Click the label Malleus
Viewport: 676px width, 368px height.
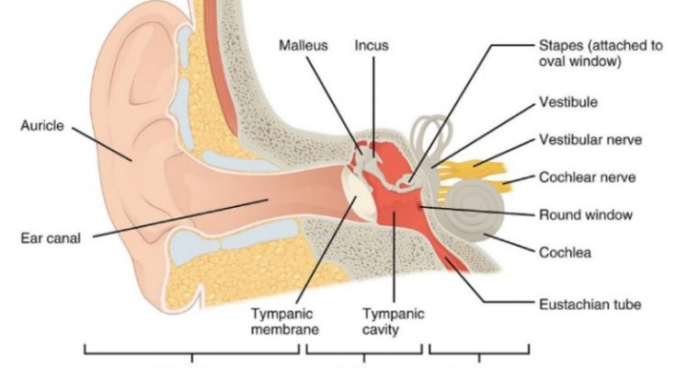pyautogui.click(x=304, y=45)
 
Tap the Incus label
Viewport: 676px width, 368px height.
pyautogui.click(x=372, y=45)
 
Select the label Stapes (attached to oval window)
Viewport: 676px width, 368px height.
pyautogui.click(x=601, y=53)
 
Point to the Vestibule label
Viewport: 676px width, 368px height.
pyautogui.click(x=568, y=102)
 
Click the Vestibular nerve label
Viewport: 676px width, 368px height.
pyautogui.click(x=590, y=140)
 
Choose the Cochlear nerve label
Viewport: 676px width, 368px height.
pyautogui.click(x=587, y=178)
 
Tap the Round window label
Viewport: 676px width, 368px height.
pyautogui.click(x=586, y=215)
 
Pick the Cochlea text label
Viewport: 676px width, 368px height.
pyautogui.click(x=565, y=252)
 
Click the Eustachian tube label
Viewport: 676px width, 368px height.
pyautogui.click(x=590, y=305)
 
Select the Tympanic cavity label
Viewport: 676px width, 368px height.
pyautogui.click(x=393, y=321)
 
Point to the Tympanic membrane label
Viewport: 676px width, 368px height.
pyautogui.click(x=284, y=321)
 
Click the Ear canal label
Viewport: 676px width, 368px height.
pyautogui.click(x=51, y=238)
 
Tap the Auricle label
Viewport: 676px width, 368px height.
pyautogui.click(x=42, y=125)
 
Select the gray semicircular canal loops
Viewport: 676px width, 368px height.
pyautogui.click(x=431, y=136)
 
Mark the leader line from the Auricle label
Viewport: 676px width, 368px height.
pyautogui.click(x=102, y=144)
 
